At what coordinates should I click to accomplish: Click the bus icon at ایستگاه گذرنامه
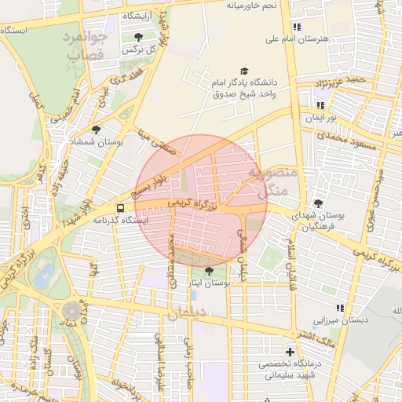tap(121, 208)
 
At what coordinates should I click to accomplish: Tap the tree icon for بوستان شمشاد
tap(97, 130)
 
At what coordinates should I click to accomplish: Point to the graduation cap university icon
tap(243, 71)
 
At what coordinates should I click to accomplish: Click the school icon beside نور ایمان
tap(320, 104)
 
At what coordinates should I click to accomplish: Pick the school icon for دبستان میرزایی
tap(340, 309)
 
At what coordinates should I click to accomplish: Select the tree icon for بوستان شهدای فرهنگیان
tap(318, 203)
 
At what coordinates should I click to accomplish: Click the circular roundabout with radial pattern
tap(71, 311)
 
